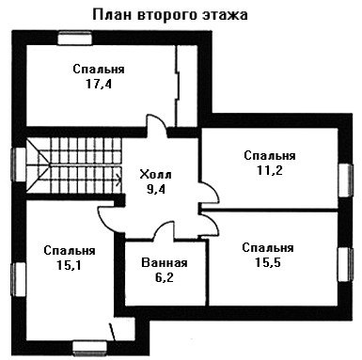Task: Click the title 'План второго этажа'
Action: [x=170, y=15]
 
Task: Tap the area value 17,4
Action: [x=99, y=84]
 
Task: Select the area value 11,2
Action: [x=270, y=170]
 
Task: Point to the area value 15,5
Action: [x=268, y=262]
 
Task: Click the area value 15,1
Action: [x=70, y=265]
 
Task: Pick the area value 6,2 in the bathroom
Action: [x=165, y=277]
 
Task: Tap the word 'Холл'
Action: [x=155, y=174]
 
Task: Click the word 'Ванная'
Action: [x=165, y=262]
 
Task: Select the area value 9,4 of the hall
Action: [x=156, y=189]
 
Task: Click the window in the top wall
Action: [x=75, y=39]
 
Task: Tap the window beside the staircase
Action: [x=19, y=164]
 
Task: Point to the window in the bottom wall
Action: [x=89, y=349]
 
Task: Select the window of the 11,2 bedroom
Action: [x=345, y=180]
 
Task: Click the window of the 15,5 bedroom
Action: [x=345, y=265]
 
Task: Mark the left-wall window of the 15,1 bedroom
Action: [x=19, y=279]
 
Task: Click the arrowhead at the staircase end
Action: [x=119, y=180]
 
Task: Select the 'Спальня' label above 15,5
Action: [x=268, y=247]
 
